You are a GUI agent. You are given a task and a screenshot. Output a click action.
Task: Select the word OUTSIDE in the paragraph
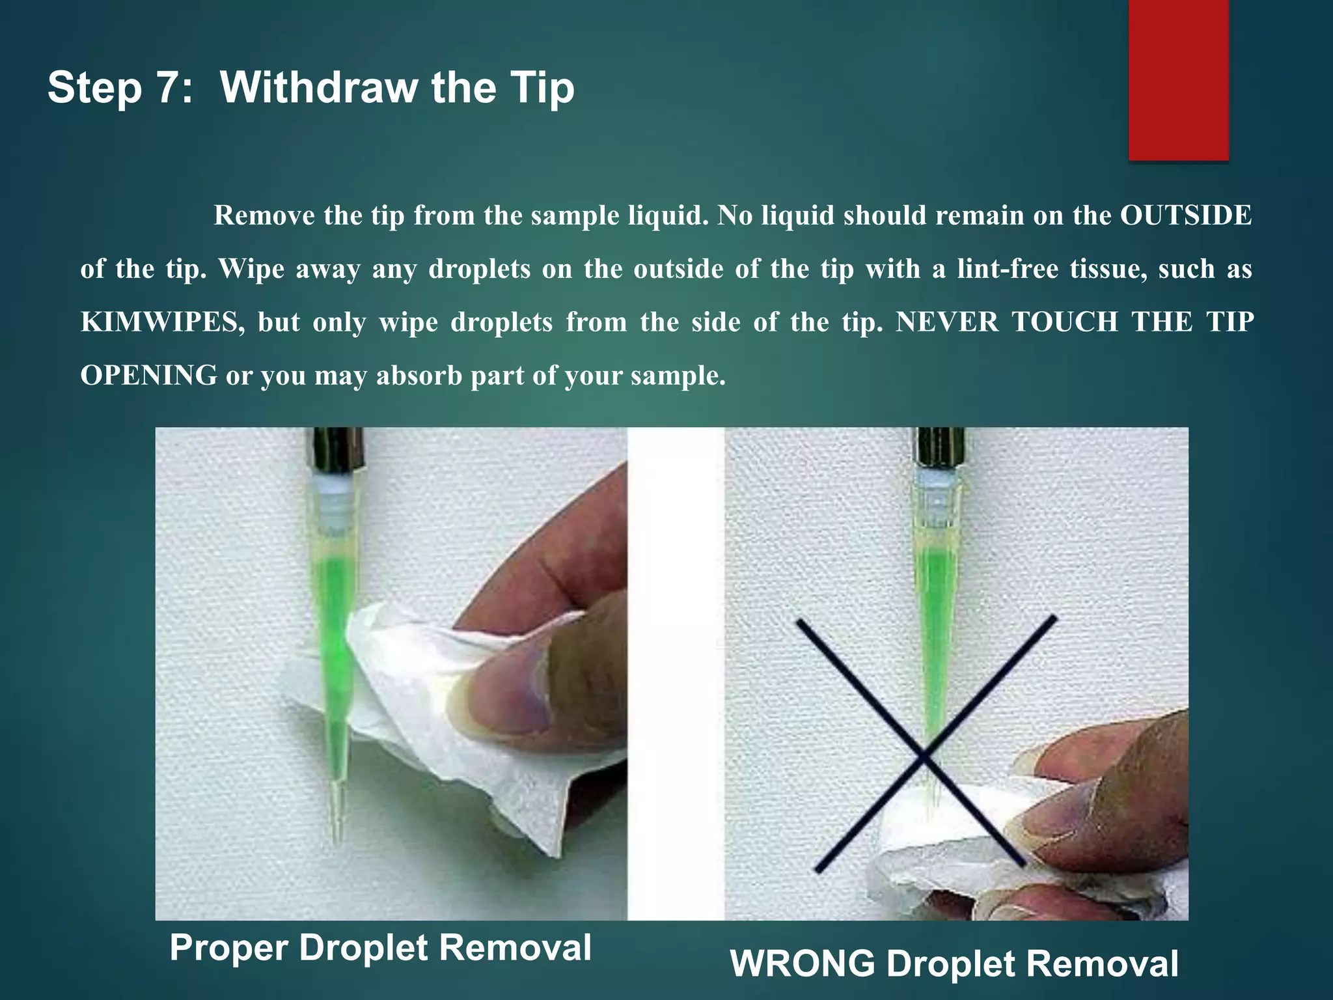1185,215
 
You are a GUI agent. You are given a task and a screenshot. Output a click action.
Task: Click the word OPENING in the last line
148,376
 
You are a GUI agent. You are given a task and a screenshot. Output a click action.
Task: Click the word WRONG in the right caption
802,964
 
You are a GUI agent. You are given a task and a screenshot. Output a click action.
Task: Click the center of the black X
923,755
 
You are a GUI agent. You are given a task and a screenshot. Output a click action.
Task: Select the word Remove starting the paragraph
264,215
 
